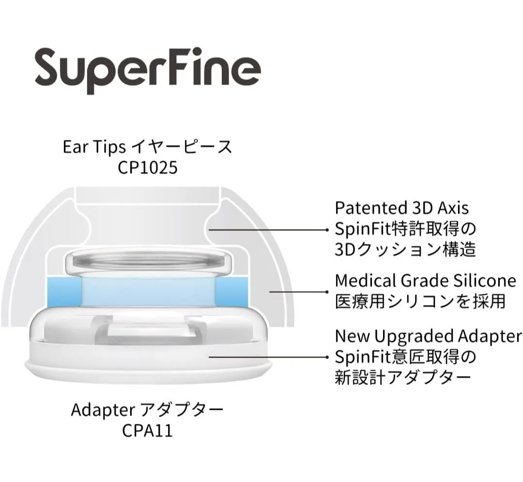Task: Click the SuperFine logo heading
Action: [148, 70]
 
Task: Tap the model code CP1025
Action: [147, 167]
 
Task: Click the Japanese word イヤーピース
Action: [182, 147]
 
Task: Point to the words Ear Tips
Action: [94, 147]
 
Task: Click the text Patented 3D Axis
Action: [401, 208]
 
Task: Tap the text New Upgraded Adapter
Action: [428, 336]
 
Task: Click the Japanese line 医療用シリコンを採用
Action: [421, 301]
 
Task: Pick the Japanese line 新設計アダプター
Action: [403, 377]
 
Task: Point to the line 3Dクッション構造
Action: [405, 249]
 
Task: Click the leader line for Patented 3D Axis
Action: [269, 230]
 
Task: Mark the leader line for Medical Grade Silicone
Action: [299, 292]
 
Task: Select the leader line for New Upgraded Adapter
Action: [269, 357]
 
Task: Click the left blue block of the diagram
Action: [64, 292]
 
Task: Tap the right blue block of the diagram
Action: [232, 292]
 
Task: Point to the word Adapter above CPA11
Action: [103, 410]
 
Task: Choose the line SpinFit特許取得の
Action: [405, 228]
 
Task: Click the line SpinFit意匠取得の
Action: [405, 357]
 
